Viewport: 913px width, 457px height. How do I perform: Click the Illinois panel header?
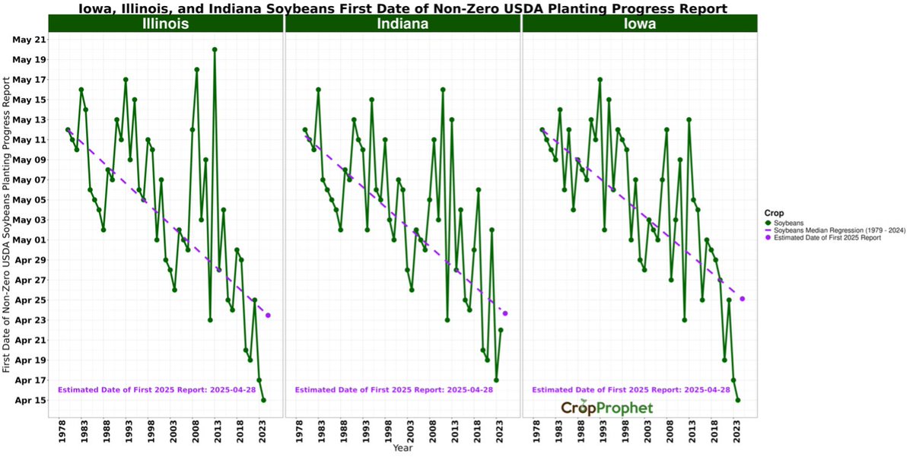point(165,24)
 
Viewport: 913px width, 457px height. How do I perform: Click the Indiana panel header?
point(402,24)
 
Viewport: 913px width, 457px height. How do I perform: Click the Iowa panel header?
point(640,24)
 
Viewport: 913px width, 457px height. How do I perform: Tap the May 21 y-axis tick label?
point(30,40)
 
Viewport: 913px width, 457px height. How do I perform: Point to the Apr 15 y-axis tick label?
point(30,400)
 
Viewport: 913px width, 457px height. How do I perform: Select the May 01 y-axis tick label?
point(30,240)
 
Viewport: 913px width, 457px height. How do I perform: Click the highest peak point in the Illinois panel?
point(215,49)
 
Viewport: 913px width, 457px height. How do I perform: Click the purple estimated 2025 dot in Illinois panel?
point(268,316)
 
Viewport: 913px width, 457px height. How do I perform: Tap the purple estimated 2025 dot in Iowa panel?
point(743,299)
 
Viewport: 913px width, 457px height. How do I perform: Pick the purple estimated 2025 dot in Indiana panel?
point(505,313)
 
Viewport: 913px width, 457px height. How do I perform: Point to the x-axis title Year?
point(403,449)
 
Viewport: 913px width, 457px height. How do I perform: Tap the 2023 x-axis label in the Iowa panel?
point(737,432)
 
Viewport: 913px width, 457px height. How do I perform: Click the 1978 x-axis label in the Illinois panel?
point(62,432)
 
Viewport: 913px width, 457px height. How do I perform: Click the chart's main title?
point(402,8)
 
